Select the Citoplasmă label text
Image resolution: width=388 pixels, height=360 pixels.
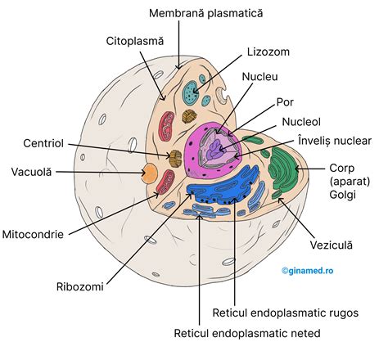[x=135, y=39]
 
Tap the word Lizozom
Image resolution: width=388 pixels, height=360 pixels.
[x=266, y=52]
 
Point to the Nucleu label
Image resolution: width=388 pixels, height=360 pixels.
[x=261, y=77]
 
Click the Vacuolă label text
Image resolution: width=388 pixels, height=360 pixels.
[x=32, y=172]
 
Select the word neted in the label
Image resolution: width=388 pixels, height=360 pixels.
[x=303, y=333]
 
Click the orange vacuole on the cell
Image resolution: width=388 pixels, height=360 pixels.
[x=151, y=173]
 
